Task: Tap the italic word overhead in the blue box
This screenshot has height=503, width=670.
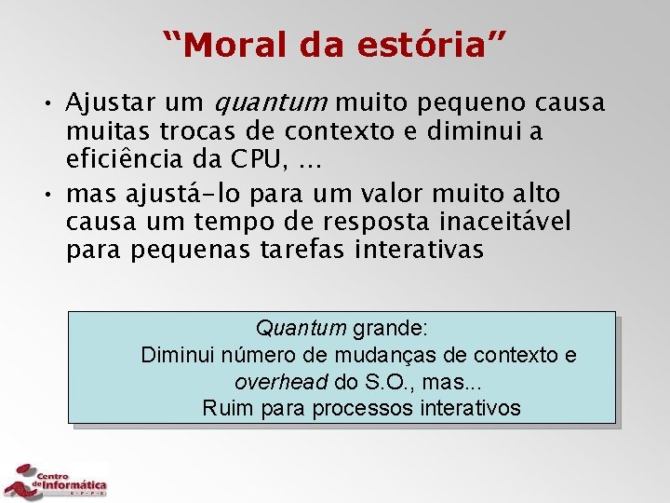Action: tap(280, 382)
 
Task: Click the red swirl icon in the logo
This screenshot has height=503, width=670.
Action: tap(18, 482)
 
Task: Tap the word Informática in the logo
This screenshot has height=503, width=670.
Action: tap(75, 485)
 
